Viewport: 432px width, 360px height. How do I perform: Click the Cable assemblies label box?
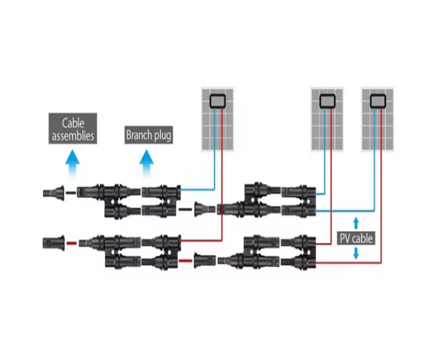pyautogui.click(x=73, y=128)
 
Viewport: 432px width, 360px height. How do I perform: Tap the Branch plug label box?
pyautogui.click(x=149, y=135)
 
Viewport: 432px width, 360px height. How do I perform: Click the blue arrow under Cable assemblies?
pyautogui.click(x=73, y=163)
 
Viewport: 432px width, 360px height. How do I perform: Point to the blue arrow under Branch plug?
pyautogui.click(x=147, y=163)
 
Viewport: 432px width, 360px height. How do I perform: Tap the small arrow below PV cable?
pyautogui.click(x=356, y=254)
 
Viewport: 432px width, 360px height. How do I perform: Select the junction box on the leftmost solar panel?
pyautogui.click(x=218, y=101)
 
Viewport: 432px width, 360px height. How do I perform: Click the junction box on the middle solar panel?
pyautogui.click(x=327, y=100)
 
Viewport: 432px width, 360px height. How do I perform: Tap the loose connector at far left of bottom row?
pyautogui.click(x=53, y=243)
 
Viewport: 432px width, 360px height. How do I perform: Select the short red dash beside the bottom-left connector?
pyautogui.click(x=71, y=244)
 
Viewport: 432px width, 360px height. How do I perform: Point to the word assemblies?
pyautogui.click(x=73, y=135)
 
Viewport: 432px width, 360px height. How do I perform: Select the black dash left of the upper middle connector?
pyautogui.click(x=185, y=209)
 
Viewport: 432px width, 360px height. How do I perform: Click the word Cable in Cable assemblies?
pyautogui.click(x=73, y=123)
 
